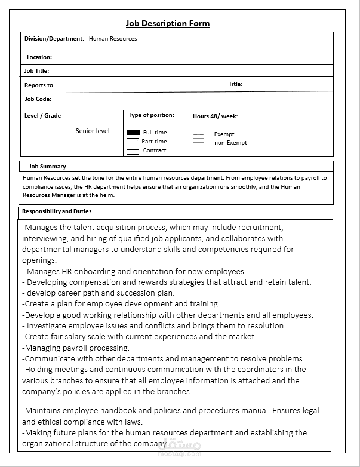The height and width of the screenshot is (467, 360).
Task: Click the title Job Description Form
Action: click(x=168, y=23)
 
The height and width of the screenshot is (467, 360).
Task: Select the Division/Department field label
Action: click(x=54, y=39)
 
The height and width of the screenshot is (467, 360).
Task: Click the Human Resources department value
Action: click(x=113, y=39)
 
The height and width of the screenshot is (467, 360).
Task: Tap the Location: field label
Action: click(x=39, y=57)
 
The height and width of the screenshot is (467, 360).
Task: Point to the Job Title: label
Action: click(x=36, y=71)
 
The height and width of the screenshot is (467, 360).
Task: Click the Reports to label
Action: click(x=38, y=85)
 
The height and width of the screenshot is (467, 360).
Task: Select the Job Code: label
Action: click(x=38, y=99)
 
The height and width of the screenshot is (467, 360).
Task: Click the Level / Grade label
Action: click(x=42, y=116)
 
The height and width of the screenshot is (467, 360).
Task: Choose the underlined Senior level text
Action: click(x=93, y=131)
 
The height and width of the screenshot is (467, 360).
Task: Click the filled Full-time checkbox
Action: click(x=133, y=132)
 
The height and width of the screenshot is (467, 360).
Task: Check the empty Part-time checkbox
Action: click(x=133, y=141)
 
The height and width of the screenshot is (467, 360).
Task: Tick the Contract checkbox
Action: click(x=133, y=151)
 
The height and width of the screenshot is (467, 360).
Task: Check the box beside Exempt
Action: click(x=198, y=133)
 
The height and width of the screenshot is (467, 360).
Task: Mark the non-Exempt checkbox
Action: click(x=198, y=141)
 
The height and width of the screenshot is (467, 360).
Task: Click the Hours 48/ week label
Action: click(x=215, y=116)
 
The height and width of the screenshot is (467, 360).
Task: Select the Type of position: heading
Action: click(x=151, y=115)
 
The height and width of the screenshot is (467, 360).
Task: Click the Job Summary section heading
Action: click(x=47, y=167)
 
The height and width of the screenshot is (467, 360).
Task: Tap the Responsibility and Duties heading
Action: click(x=57, y=211)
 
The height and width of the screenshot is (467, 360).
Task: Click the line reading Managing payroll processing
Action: click(x=76, y=348)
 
